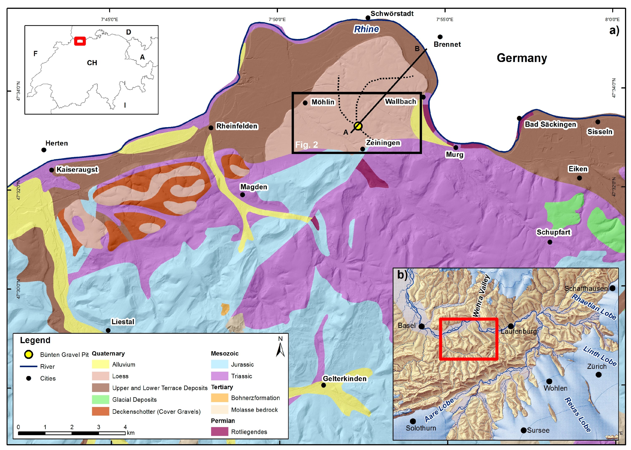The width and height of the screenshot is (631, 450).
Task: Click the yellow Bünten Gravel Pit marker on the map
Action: point(358,126)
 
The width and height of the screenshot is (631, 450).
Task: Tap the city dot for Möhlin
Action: point(305,103)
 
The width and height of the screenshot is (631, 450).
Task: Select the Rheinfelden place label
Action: point(237,126)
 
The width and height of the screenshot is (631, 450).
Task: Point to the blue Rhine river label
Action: point(366,29)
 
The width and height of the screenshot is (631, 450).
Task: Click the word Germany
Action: point(522,58)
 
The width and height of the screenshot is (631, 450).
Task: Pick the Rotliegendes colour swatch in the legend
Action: point(219,431)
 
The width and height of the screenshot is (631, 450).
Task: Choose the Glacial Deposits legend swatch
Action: point(100,399)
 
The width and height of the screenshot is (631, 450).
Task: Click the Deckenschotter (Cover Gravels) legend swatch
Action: point(100,411)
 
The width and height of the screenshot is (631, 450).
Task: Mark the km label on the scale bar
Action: point(130,433)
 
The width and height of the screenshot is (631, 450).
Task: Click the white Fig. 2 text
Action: point(306,145)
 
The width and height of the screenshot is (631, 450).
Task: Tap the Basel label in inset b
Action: point(406,325)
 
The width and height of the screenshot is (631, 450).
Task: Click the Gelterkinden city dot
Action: point(323,385)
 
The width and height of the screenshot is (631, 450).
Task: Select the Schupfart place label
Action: point(553,232)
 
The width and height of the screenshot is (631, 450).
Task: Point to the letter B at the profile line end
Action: point(417,49)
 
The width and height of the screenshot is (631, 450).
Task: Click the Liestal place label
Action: point(123,322)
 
